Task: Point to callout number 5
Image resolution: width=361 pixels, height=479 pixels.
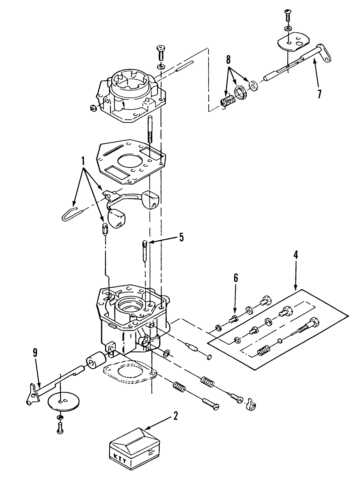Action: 181,237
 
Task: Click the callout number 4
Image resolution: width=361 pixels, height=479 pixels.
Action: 295,255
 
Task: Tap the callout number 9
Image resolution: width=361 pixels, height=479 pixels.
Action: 35,353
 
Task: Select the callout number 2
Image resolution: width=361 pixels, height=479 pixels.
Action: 175,416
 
